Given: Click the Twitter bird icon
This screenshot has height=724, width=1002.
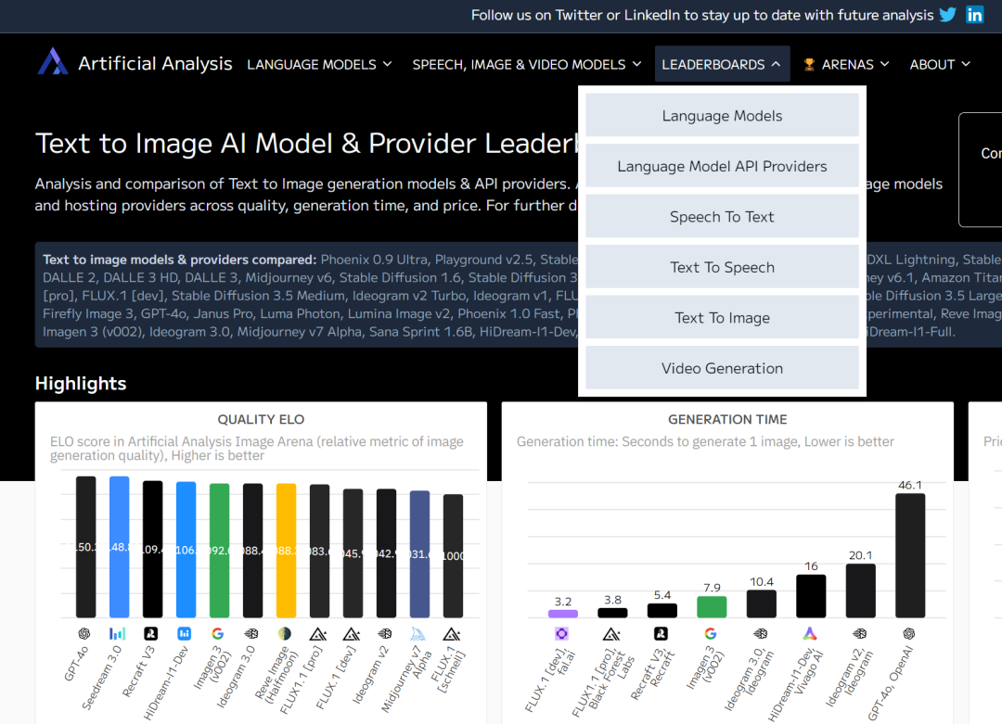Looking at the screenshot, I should (x=947, y=15).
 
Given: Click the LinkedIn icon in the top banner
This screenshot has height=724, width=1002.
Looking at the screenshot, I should (x=974, y=15).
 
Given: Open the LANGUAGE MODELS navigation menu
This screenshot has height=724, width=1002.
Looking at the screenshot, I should (x=319, y=64).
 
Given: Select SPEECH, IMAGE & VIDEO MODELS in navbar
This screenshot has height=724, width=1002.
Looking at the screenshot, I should (x=526, y=64).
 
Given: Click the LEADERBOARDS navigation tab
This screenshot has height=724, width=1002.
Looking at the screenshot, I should (x=722, y=64).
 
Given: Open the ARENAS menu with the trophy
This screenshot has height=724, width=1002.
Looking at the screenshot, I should (x=845, y=64).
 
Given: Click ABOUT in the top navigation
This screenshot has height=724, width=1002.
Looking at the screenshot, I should (x=940, y=64).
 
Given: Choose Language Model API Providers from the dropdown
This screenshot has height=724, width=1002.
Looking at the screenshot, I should (x=722, y=167).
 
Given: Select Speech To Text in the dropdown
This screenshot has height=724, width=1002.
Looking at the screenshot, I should (x=722, y=217).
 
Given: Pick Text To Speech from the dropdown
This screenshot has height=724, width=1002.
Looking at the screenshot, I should (x=722, y=268).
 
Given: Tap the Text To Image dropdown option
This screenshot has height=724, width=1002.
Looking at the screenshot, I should (x=722, y=318).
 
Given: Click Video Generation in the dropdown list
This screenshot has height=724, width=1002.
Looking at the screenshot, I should (x=722, y=369).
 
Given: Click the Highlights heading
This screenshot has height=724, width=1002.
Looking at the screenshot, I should (x=81, y=384).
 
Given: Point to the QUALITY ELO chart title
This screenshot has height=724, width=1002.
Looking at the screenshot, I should (x=261, y=420).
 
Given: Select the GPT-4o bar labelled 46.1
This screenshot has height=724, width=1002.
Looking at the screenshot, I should (x=909, y=555).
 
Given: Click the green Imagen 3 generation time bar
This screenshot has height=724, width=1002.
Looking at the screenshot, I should (x=712, y=606).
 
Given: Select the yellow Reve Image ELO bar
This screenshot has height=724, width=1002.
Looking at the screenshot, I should (x=287, y=550).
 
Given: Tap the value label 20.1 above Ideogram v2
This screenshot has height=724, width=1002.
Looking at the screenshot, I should (x=860, y=555).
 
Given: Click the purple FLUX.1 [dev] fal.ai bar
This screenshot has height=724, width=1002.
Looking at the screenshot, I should (x=563, y=613).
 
